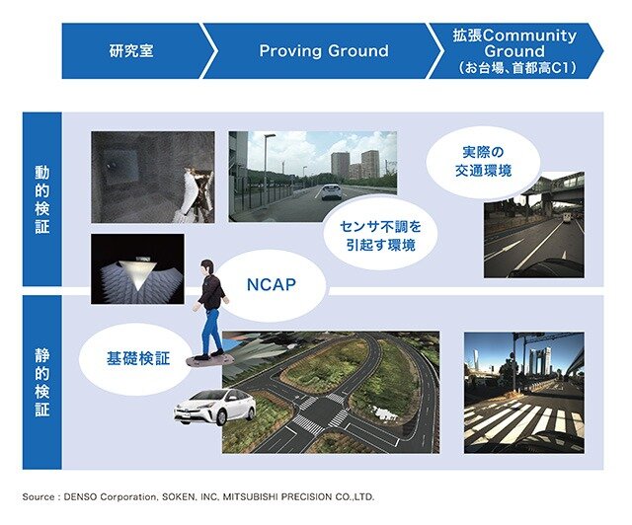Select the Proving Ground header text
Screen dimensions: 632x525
(x=324, y=50)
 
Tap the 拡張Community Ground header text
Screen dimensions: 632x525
(x=514, y=43)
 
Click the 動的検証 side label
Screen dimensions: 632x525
(x=41, y=199)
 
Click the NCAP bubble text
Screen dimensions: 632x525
(x=271, y=284)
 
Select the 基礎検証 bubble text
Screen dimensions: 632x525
(x=138, y=358)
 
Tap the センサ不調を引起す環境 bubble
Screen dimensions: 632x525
(x=380, y=236)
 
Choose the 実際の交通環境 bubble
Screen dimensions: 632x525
(x=483, y=162)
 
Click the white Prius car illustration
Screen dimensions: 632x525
(x=214, y=407)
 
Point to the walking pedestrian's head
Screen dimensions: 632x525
(x=207, y=267)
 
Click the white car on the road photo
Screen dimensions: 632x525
(x=332, y=191)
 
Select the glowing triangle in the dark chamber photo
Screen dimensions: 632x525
(x=138, y=274)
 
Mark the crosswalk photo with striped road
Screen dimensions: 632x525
(x=524, y=393)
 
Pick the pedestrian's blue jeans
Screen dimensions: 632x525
(x=210, y=331)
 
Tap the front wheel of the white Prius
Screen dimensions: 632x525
(x=221, y=418)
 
